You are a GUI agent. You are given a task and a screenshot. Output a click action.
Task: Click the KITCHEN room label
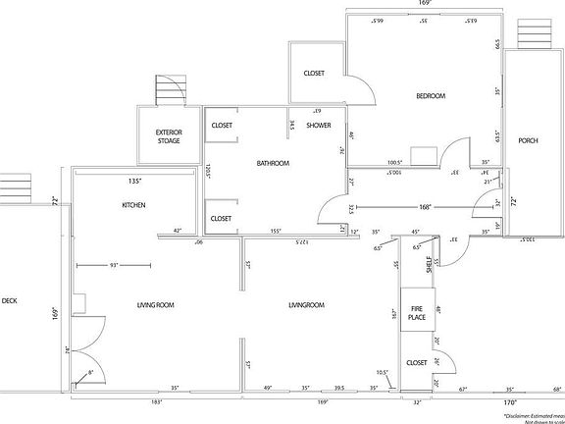click(133, 205)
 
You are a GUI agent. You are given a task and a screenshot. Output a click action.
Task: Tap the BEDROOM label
click(431, 96)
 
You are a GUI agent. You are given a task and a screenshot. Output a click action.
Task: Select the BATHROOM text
click(273, 163)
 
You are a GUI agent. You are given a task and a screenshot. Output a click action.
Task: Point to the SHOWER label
click(319, 126)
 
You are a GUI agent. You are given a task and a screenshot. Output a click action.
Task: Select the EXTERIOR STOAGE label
click(169, 137)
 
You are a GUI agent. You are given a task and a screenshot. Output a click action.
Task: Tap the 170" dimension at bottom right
click(510, 402)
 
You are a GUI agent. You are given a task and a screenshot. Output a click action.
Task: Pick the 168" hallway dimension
click(425, 207)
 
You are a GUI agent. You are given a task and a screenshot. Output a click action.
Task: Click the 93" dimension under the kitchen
click(115, 265)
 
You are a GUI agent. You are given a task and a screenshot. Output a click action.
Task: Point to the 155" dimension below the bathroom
click(277, 232)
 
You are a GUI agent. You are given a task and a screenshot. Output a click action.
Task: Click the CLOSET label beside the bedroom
click(314, 74)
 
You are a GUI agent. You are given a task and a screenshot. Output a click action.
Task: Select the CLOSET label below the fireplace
click(416, 362)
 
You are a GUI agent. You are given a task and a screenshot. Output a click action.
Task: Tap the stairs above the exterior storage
click(170, 90)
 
